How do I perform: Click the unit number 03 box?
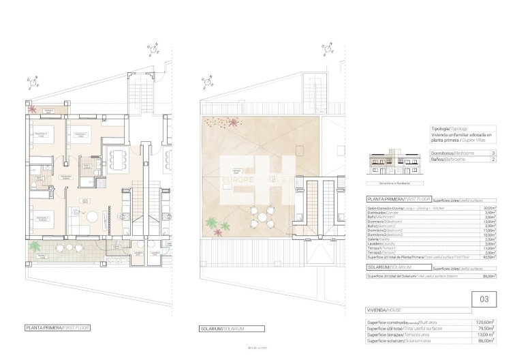(484, 299)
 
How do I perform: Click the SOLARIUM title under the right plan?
(222, 328)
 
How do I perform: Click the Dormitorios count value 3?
(493, 153)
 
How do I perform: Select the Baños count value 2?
(493, 159)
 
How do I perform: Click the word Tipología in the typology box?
(440, 128)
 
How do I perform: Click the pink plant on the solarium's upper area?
(234, 122)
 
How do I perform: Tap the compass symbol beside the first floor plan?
(32, 82)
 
